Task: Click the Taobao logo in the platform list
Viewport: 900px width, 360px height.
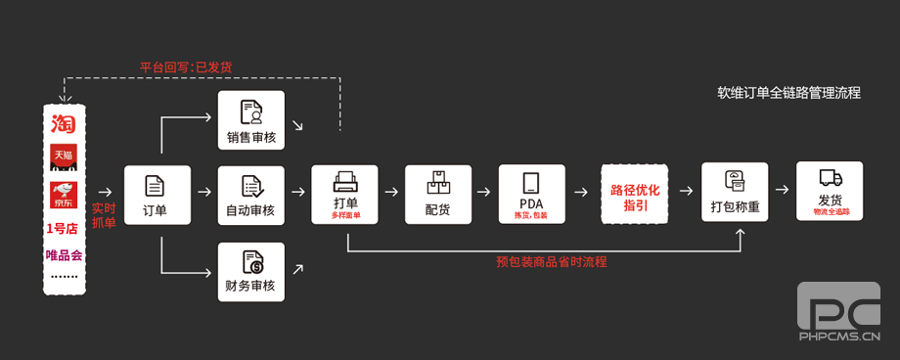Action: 64,124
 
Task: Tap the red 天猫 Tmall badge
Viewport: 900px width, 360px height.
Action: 64,156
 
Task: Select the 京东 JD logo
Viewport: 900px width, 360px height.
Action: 64,194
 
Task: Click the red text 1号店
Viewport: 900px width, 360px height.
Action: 64,229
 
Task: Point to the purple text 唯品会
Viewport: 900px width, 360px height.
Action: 64,255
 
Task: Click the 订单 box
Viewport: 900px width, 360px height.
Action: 156,195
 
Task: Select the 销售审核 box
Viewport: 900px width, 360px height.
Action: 250,120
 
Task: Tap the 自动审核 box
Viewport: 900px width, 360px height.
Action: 250,195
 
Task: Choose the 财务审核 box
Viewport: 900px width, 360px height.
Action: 250,271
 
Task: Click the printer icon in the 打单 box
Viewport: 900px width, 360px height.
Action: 344,183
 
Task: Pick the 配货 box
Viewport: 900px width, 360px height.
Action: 438,195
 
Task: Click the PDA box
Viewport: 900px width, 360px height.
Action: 531,195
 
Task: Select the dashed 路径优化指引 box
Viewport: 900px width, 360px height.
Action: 635,196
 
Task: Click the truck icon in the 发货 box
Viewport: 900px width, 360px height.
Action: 831,178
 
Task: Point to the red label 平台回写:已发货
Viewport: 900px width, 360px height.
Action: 186,67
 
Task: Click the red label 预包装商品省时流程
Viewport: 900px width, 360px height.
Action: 551,261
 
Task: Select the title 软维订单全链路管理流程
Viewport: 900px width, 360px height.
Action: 788,94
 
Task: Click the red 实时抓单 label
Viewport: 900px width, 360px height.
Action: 104,215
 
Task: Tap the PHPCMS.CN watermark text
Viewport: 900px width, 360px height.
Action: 840,337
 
